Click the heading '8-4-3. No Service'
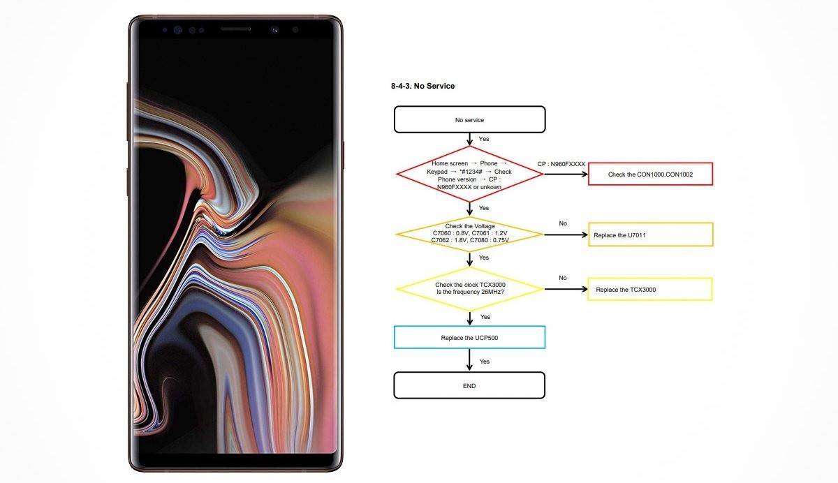(x=422, y=86)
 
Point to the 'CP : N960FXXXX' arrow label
(x=561, y=164)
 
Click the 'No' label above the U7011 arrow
(x=563, y=223)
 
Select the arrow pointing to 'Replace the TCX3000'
(x=566, y=289)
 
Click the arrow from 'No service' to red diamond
(x=469, y=139)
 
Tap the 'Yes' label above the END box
(x=485, y=362)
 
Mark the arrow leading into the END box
(x=469, y=360)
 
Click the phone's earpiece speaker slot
(x=236, y=29)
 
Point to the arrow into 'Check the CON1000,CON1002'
(x=566, y=174)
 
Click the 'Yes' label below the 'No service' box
(x=484, y=139)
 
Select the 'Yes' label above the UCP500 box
(x=485, y=317)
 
